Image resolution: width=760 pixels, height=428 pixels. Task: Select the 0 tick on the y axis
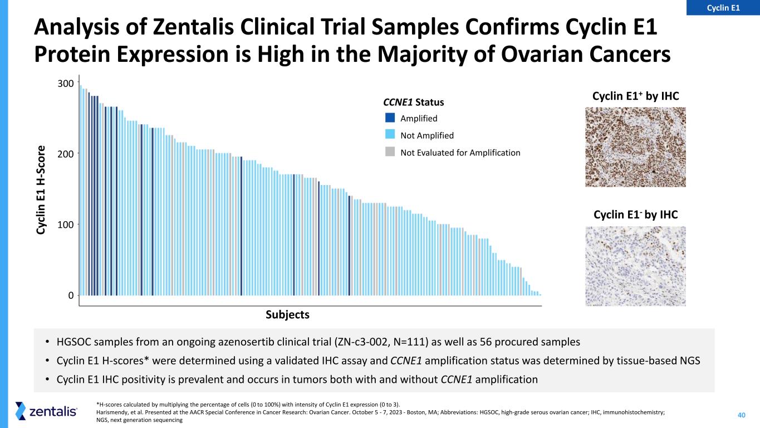(x=71, y=295)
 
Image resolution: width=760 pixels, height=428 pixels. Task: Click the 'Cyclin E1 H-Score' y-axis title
(x=42, y=190)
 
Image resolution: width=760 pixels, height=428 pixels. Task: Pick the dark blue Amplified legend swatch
(x=390, y=118)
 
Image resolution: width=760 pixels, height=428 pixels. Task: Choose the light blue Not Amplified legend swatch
(x=390, y=135)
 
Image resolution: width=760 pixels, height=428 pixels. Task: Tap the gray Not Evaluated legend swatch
(x=390, y=152)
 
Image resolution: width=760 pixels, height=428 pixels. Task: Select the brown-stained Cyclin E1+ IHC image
(x=635, y=147)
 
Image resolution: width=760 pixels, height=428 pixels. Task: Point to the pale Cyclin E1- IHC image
(x=635, y=266)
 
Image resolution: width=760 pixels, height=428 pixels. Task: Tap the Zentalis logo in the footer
(x=47, y=411)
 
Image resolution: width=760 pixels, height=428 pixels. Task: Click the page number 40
(x=742, y=415)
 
